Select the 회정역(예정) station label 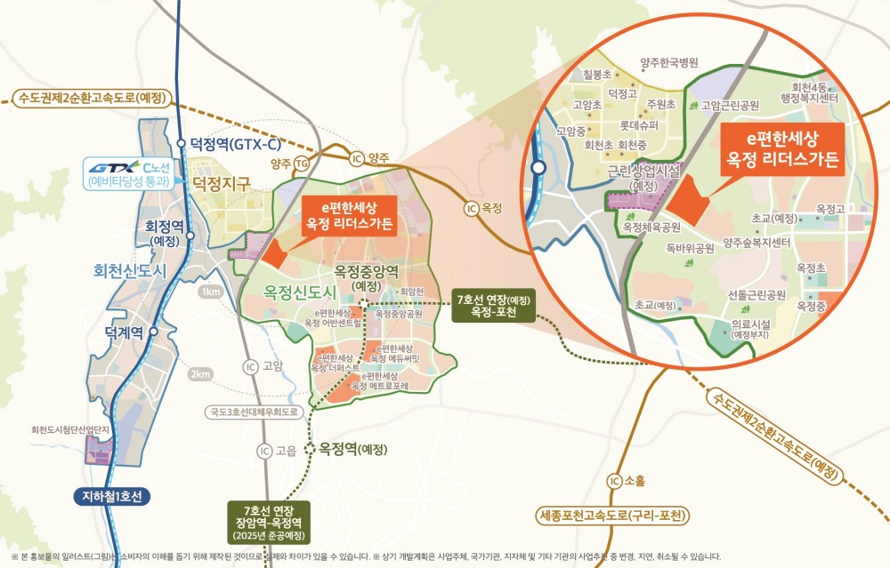[x=162, y=232]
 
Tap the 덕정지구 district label [x=222, y=183]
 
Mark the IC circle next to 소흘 [x=613, y=482]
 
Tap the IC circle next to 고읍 [x=263, y=450]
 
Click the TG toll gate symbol [x=302, y=163]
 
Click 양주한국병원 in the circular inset [x=669, y=62]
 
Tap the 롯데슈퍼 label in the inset [x=639, y=125]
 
